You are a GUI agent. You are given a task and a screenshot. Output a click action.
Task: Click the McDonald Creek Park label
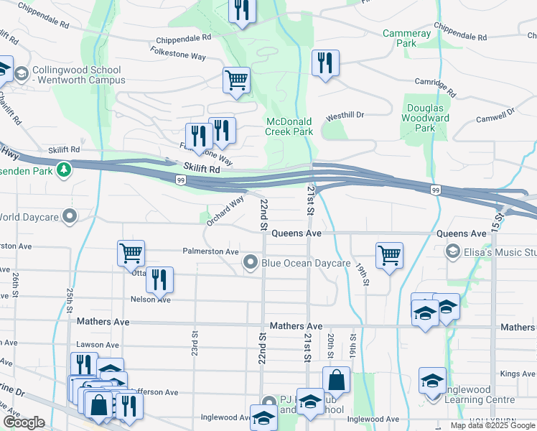pyautogui.click(x=289, y=126)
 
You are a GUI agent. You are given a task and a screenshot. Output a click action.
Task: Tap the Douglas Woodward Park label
pyautogui.click(x=425, y=118)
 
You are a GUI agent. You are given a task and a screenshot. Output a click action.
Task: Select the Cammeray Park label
pyautogui.click(x=406, y=38)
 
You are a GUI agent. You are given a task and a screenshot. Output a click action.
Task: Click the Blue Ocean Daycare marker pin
pyautogui.click(x=250, y=263)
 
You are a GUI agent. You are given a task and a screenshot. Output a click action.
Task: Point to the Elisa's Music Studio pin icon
pyautogui.click(x=452, y=251)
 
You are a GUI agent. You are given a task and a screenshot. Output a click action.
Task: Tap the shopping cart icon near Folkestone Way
pyautogui.click(x=236, y=80)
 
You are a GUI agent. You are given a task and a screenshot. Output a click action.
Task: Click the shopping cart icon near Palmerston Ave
pyautogui.click(x=131, y=253)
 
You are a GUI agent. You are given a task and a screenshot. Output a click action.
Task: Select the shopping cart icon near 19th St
pyautogui.click(x=389, y=254)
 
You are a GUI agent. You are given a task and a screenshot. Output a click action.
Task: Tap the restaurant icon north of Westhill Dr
pyautogui.click(x=325, y=63)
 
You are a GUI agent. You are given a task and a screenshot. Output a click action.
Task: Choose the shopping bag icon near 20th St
pyautogui.click(x=336, y=381)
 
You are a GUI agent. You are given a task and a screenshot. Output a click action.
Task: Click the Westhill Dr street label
pyautogui.click(x=345, y=115)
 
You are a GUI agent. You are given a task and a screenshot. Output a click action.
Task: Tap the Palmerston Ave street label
pyautogui.click(x=210, y=252)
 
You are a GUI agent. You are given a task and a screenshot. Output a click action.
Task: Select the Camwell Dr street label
pyautogui.click(x=495, y=115)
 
